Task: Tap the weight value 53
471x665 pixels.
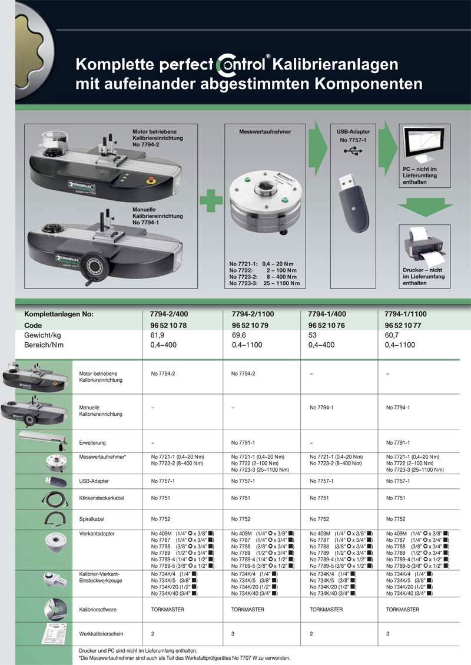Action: [x=313, y=335]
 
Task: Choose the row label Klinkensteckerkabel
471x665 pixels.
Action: [x=101, y=498]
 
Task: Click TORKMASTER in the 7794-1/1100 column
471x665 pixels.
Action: [x=402, y=610]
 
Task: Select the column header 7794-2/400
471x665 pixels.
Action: [x=170, y=314]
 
